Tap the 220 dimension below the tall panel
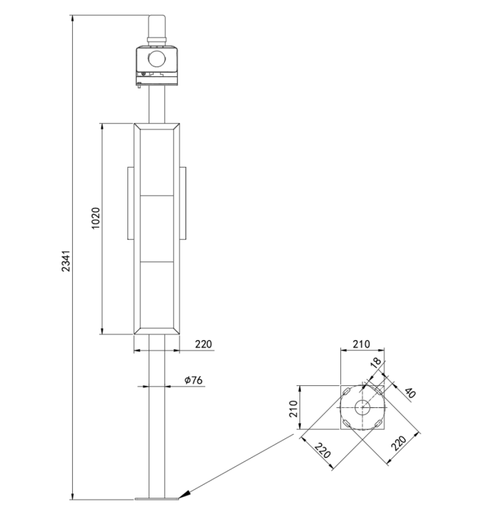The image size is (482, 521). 203,344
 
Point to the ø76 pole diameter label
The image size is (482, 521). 193,380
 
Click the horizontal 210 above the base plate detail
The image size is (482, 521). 362,344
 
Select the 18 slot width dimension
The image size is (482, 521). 376,362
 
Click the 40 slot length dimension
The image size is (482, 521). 409,392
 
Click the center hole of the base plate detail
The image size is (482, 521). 362,406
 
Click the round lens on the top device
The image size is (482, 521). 156,59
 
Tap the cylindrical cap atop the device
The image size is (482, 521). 156,30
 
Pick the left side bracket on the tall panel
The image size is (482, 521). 130,203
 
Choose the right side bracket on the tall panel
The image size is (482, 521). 183,203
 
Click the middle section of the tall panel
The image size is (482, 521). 156,228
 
